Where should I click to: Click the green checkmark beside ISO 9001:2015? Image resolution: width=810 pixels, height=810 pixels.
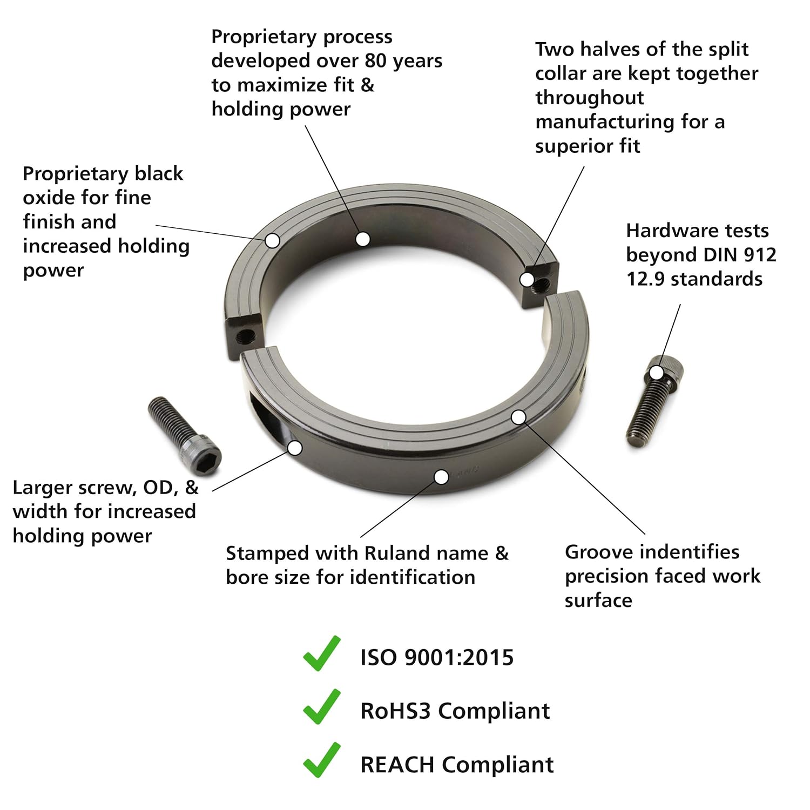(x=322, y=654)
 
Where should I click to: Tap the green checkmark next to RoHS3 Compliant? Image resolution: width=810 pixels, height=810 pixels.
(x=322, y=707)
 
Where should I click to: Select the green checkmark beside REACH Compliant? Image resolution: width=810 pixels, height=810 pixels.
(x=322, y=761)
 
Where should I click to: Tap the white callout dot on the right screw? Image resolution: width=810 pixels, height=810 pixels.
(x=656, y=373)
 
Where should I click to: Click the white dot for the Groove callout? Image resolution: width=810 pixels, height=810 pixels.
(x=518, y=417)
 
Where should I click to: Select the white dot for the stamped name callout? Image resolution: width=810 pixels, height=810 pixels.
(x=441, y=477)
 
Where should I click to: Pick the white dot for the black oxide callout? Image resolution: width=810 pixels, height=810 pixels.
(x=273, y=240)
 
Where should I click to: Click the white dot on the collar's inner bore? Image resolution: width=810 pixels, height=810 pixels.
(x=363, y=239)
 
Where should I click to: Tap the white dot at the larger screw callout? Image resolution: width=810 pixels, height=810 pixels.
(x=295, y=448)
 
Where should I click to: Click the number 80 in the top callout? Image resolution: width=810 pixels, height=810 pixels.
(x=376, y=60)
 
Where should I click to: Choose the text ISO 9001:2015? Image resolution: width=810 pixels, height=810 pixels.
(x=437, y=658)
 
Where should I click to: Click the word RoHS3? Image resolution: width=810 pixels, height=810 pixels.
(x=396, y=711)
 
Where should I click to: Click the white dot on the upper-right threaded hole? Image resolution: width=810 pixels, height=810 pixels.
(x=526, y=280)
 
